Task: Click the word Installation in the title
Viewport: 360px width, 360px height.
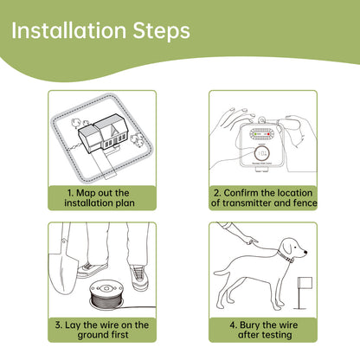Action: click(x=68, y=30)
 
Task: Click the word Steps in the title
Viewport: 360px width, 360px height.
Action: click(x=161, y=32)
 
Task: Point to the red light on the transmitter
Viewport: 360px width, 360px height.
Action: click(x=268, y=134)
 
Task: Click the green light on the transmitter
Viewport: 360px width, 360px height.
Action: click(x=255, y=134)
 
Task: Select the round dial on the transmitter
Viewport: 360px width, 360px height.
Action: click(x=262, y=153)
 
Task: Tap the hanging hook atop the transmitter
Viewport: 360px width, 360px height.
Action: click(x=262, y=120)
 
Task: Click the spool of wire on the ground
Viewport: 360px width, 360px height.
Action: click(x=106, y=295)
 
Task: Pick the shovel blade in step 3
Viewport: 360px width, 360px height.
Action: click(x=62, y=273)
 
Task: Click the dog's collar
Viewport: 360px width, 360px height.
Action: click(x=286, y=256)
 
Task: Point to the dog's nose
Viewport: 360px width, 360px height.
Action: click(x=305, y=253)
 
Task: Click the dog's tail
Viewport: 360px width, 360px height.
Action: click(x=224, y=271)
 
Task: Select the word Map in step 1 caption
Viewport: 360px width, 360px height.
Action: click(x=85, y=193)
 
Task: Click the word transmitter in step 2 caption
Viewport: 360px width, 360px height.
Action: click(x=247, y=202)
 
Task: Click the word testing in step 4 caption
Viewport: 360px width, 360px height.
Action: click(x=277, y=335)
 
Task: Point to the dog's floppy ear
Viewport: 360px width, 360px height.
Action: click(x=287, y=247)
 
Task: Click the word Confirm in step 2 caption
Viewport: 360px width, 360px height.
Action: click(x=239, y=193)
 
